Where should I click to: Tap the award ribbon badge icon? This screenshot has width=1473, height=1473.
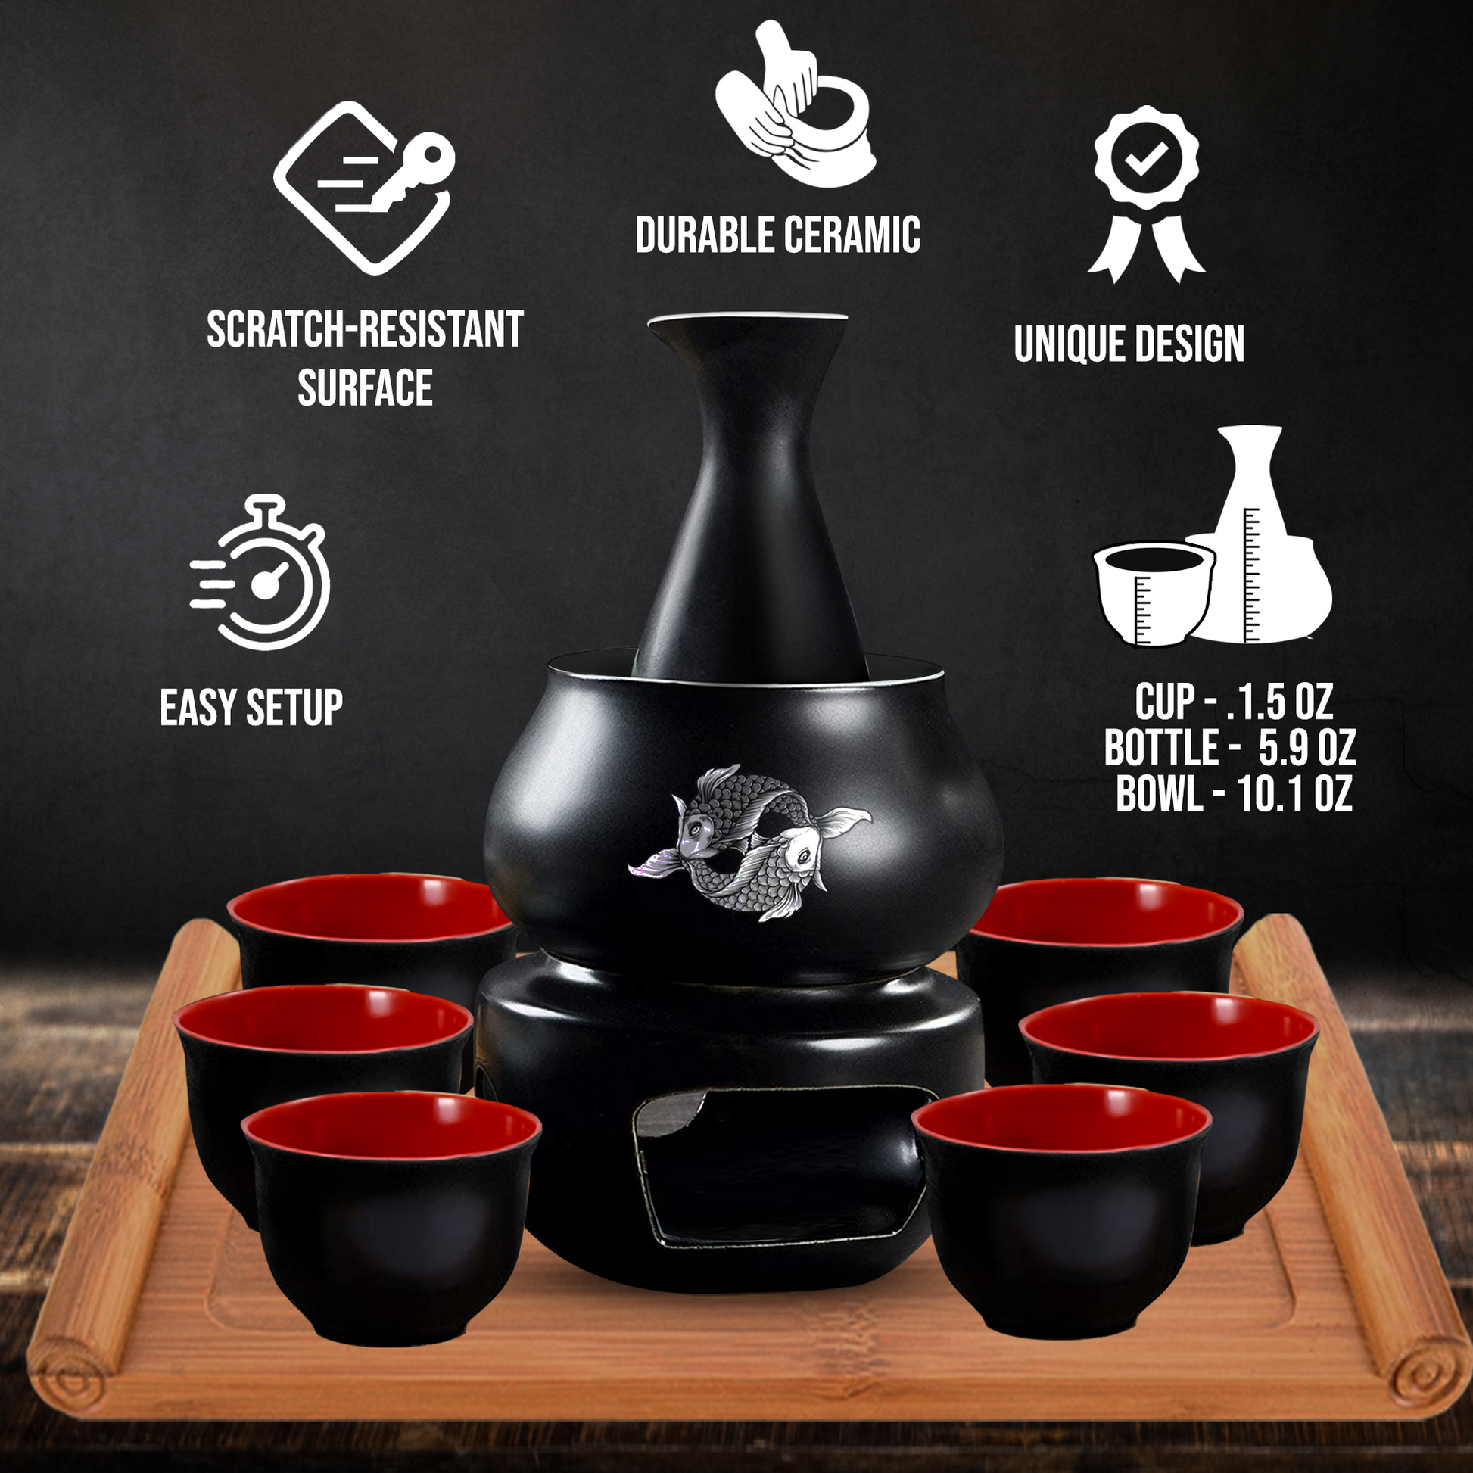pyautogui.click(x=1146, y=194)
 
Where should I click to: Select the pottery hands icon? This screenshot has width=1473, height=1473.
pyautogui.click(x=796, y=104)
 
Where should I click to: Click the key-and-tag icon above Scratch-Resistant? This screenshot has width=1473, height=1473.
pyautogui.click(x=363, y=188)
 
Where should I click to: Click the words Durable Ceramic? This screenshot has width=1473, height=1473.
pyautogui.click(x=777, y=235)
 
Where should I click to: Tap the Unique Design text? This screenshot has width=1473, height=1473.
pyautogui.click(x=1129, y=344)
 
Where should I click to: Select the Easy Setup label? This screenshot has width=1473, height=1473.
pyautogui.click(x=251, y=707)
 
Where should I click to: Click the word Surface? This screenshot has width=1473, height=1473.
pyautogui.click(x=364, y=388)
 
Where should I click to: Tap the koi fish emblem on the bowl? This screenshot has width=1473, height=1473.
pyautogui.click(x=749, y=841)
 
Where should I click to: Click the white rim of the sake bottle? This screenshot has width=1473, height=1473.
pyautogui.click(x=748, y=317)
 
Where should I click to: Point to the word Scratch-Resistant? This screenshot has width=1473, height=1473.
pyautogui.click(x=364, y=329)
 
